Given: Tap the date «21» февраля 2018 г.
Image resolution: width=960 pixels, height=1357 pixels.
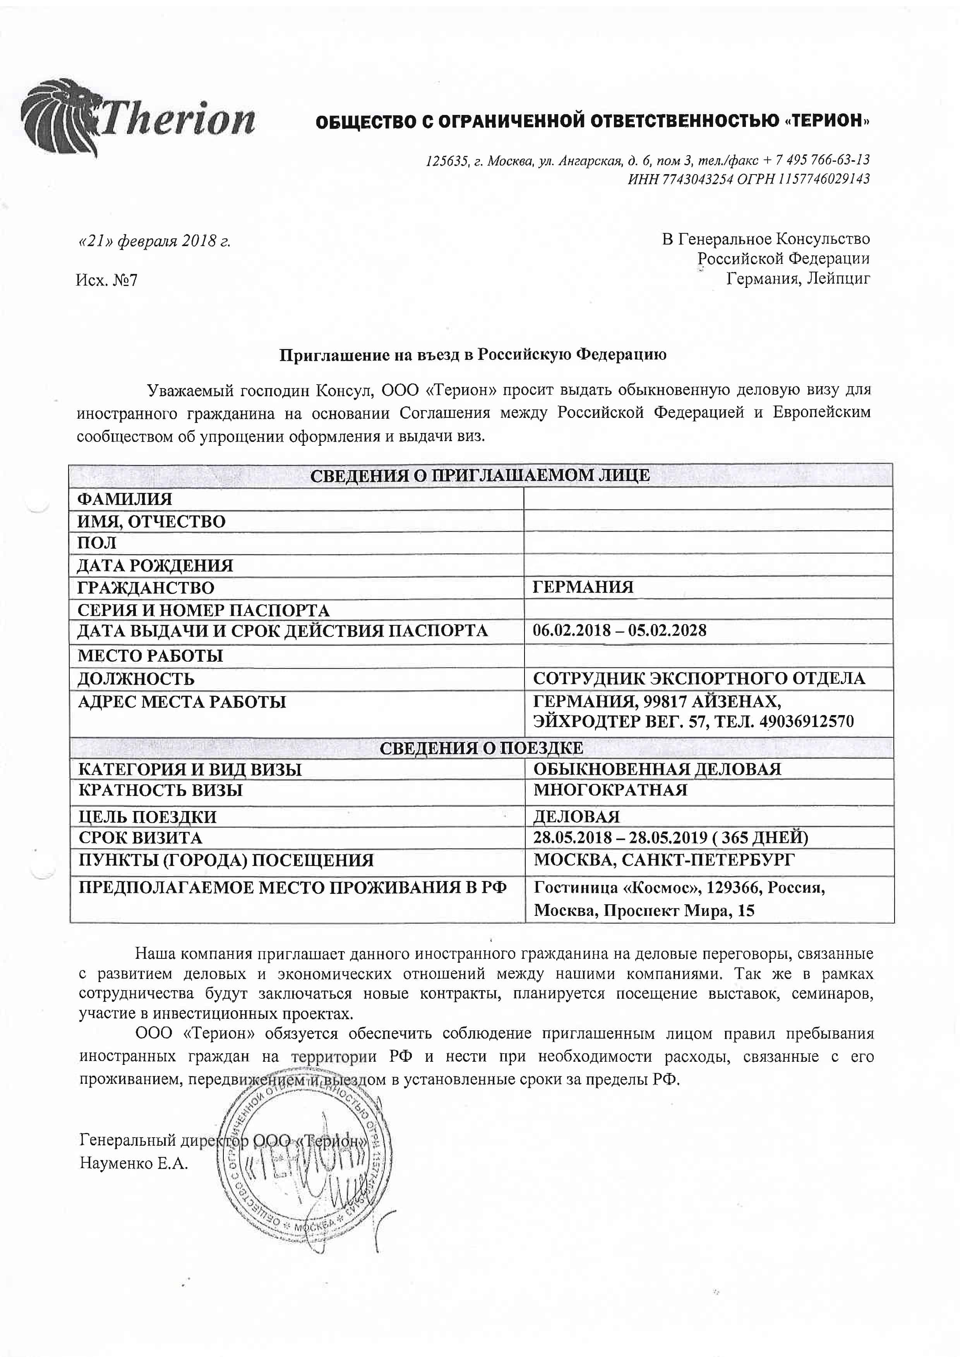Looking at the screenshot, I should [154, 241].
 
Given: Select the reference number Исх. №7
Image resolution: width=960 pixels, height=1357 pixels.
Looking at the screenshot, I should [106, 279].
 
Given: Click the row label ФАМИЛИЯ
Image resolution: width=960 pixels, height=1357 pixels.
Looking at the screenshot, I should [125, 499].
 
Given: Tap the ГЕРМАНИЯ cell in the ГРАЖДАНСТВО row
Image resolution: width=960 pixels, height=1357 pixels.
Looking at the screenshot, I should [583, 587].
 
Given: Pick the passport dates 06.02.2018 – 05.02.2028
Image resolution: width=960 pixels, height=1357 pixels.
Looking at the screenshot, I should [619, 630].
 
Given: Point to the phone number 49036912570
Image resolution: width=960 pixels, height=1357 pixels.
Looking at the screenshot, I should [804, 721].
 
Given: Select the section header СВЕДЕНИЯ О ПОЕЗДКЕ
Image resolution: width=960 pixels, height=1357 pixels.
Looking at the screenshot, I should [481, 748].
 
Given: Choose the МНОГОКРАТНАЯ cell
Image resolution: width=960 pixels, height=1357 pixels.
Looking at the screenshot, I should [610, 790].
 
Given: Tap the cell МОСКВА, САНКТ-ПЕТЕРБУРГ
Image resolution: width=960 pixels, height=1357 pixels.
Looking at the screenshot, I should [664, 860].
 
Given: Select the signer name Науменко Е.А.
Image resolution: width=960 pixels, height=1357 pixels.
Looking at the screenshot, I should [134, 1164].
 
